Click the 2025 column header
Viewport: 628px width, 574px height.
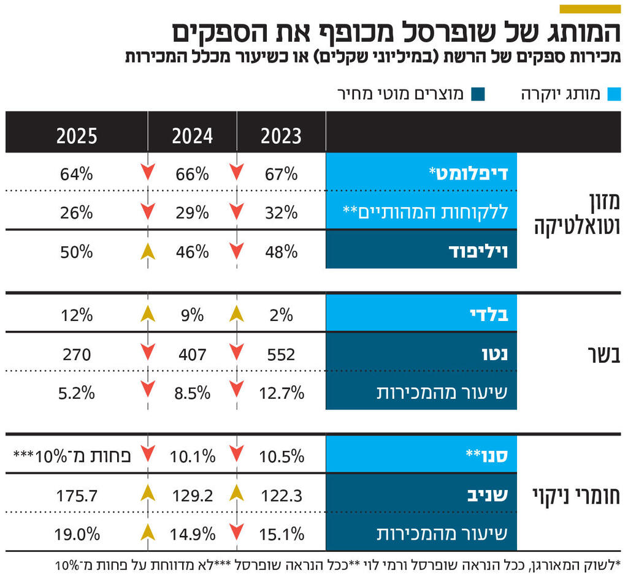point(77,136)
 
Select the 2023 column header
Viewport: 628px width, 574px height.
point(281,136)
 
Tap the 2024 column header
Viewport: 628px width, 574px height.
point(193,136)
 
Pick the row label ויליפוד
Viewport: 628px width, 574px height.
point(484,251)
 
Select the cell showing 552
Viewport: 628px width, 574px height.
point(281,354)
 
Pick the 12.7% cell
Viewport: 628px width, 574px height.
point(281,393)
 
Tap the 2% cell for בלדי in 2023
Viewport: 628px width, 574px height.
point(281,315)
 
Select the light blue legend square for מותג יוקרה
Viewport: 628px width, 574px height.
point(614,94)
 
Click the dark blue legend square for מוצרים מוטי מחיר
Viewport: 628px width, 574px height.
point(478,94)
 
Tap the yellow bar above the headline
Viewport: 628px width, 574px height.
point(590,9)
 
